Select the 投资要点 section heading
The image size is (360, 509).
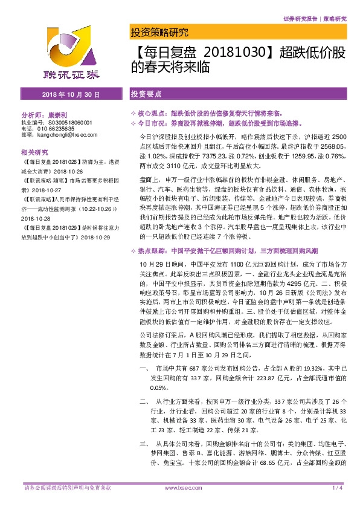coord(146,95)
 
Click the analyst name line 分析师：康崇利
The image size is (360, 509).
coord(46,114)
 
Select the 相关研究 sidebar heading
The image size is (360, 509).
coord(34,153)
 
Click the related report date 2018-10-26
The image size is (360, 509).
coord(68,171)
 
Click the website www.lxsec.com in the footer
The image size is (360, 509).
coord(181,487)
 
